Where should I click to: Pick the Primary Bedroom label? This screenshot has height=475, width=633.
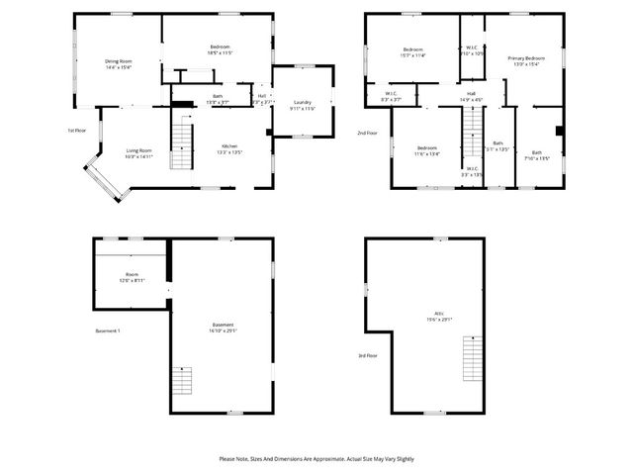(x=526, y=61)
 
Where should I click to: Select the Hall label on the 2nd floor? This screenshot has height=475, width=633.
(x=472, y=96)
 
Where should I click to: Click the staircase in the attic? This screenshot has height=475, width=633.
(x=475, y=359)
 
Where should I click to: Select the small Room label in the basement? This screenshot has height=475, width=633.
(x=132, y=277)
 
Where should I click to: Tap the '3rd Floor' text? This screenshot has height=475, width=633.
(x=367, y=356)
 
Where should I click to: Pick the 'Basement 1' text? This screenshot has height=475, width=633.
(x=107, y=331)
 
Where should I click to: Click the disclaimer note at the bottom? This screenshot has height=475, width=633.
(x=316, y=459)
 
